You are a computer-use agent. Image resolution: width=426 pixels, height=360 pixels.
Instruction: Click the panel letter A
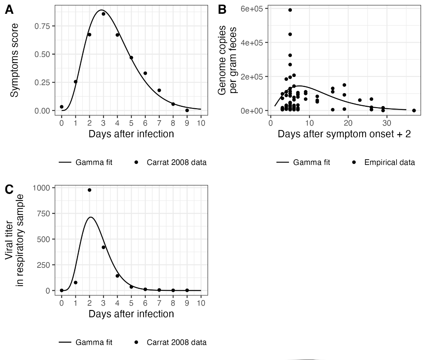pyautogui.click(x=10, y=10)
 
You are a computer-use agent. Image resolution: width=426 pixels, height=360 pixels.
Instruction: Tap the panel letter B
pyautogui.click(x=222, y=10)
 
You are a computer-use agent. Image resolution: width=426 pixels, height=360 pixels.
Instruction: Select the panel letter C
pyautogui.click(x=10, y=190)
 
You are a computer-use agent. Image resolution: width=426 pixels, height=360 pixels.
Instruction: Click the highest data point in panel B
pyautogui.click(x=290, y=10)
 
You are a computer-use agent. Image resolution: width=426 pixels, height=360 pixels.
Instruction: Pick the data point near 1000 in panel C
pyautogui.click(x=89, y=190)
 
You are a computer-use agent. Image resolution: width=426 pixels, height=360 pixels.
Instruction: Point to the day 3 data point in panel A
pyautogui.click(x=103, y=14)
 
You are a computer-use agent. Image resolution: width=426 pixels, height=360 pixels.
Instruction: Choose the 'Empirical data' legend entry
pyautogui.click(x=389, y=162)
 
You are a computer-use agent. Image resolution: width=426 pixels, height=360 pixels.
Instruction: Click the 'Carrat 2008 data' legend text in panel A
pyautogui.click(x=176, y=162)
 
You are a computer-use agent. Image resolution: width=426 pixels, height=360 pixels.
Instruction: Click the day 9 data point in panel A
pyautogui.click(x=187, y=110)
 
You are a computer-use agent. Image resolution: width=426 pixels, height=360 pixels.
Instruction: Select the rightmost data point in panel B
pyautogui.click(x=414, y=110)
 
